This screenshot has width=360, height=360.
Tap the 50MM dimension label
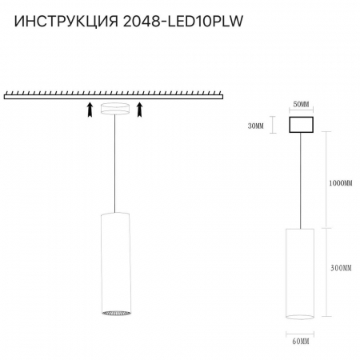click(x=300, y=105)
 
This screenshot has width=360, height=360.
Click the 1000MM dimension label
click(x=339, y=183)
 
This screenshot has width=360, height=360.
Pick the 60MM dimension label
click(x=301, y=342)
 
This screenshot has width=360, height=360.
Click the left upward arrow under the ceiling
click(x=87, y=110)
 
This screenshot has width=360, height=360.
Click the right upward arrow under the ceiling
click(x=141, y=110)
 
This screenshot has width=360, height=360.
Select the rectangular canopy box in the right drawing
click(x=300, y=126)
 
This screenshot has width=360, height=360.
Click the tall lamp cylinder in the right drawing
click(x=301, y=272)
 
